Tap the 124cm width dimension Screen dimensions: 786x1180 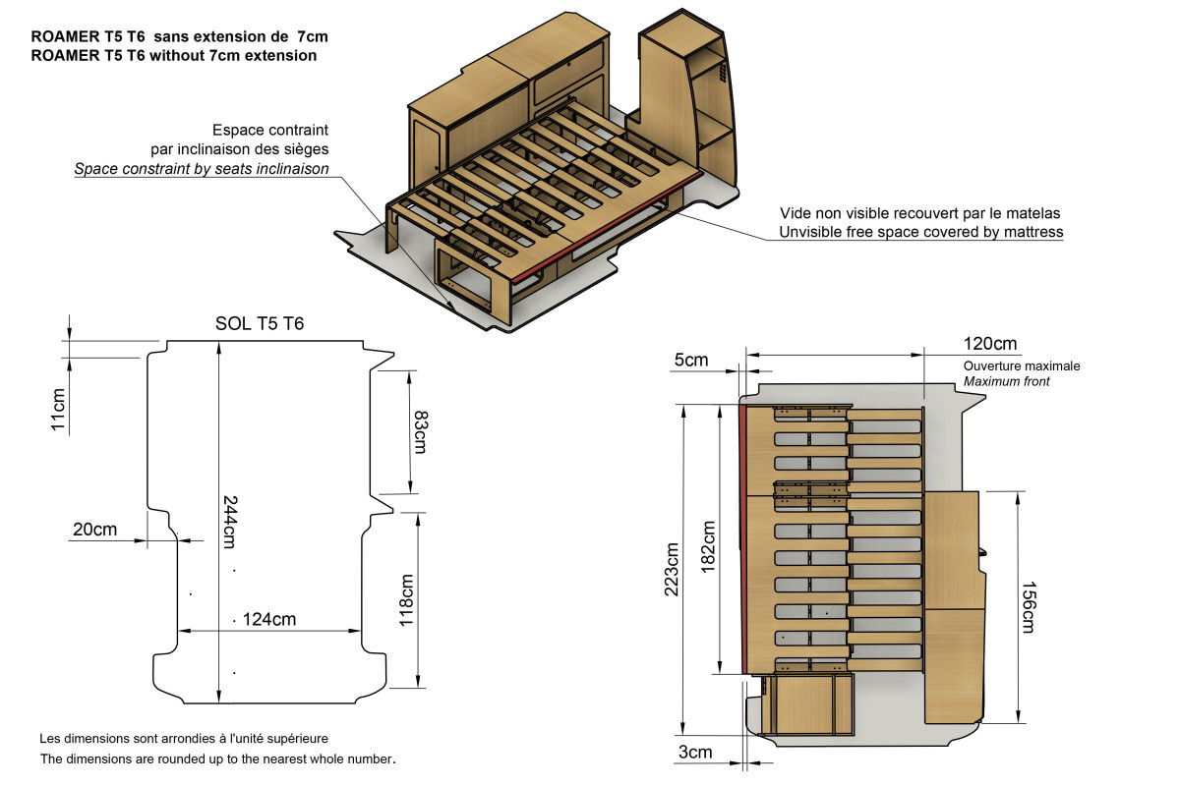(x=269, y=619)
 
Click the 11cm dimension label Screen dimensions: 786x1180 (x=58, y=411)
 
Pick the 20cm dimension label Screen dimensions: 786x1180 (x=94, y=530)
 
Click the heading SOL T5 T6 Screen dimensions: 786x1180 (x=260, y=324)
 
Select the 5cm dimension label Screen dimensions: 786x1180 (x=690, y=360)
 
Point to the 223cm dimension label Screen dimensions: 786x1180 (x=673, y=569)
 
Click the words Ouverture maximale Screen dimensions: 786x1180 (x=1022, y=365)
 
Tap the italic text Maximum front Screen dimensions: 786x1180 (x=1006, y=381)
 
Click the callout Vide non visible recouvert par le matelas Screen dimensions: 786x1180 (x=919, y=212)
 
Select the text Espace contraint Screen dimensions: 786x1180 (x=269, y=130)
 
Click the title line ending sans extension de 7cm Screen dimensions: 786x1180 (x=179, y=35)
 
